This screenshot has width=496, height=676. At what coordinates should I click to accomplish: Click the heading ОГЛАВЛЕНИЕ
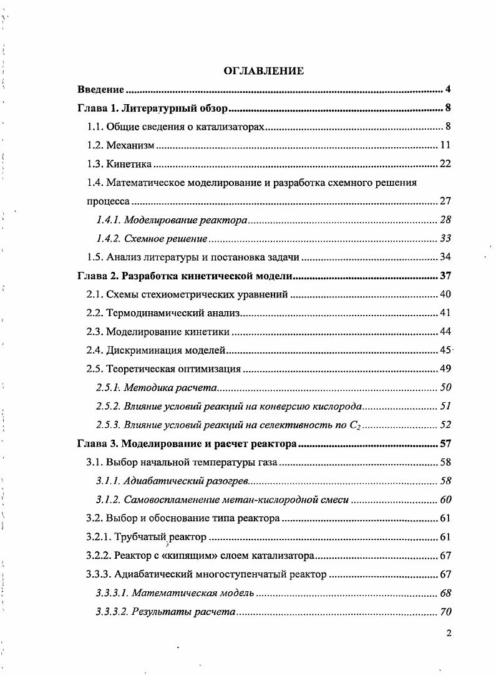pos(264,71)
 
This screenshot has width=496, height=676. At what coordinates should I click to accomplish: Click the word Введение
pos(100,89)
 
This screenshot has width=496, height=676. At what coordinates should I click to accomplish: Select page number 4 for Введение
pos(448,89)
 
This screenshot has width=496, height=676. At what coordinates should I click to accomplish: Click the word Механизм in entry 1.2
pos(130,146)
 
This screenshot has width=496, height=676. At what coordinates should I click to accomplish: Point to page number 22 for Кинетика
pos(445,165)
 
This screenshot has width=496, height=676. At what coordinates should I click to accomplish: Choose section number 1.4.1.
pos(109,220)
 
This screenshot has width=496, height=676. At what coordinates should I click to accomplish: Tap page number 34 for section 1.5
pos(445,257)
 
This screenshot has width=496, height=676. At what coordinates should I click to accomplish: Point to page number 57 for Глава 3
pos(445,445)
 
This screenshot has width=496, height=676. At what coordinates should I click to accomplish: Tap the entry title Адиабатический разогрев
pos(186,481)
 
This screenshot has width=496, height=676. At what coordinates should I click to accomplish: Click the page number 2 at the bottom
pos(448,634)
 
